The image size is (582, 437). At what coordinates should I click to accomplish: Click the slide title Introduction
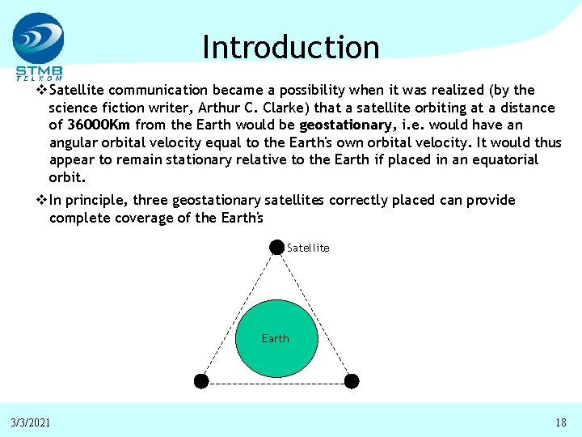tap(290, 48)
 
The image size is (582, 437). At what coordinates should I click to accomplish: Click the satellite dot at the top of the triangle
tap(276, 246)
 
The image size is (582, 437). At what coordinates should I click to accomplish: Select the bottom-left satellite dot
tap(201, 380)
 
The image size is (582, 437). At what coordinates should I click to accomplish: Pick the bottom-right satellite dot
tap(352, 380)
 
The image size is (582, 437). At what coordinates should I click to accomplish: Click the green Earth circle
tap(275, 338)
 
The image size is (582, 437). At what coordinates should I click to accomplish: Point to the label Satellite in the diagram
tap(308, 248)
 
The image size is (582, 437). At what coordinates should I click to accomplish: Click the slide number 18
tap(560, 422)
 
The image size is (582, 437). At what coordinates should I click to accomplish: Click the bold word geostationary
tap(345, 125)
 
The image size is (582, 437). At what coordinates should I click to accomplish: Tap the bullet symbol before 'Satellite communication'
tap(42, 90)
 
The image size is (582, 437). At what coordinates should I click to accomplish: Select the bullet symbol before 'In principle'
tap(42, 200)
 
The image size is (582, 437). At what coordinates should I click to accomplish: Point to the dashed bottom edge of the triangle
tap(276, 381)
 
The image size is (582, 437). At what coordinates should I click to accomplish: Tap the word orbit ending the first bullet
tap(65, 177)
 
